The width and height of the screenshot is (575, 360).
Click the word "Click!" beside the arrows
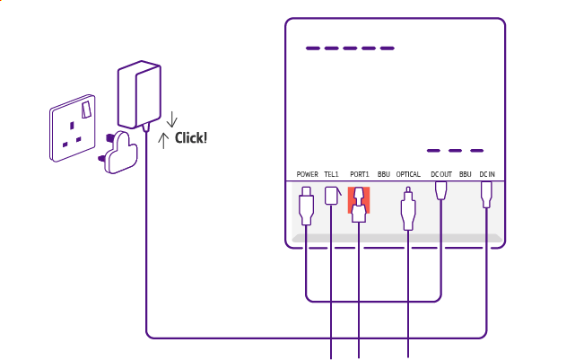point(191,137)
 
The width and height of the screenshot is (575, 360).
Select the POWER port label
point(308,173)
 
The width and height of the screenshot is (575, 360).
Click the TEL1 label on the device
point(332,173)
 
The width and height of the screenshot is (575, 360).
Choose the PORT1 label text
point(359,173)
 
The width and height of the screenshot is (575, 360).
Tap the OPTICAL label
point(409,173)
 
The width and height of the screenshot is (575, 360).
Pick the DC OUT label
point(440,173)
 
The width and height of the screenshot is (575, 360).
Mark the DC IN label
point(487,173)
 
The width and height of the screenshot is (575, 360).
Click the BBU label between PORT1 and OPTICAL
point(383,173)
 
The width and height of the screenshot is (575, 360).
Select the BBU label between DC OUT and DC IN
point(465,173)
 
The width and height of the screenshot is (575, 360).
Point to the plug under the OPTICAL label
point(409,211)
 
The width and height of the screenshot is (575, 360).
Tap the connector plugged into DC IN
point(487,194)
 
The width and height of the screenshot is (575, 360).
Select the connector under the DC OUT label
point(440,192)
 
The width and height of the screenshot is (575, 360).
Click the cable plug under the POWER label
point(307,206)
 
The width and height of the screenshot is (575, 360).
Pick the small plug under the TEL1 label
point(332,195)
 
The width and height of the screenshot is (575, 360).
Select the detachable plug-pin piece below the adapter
point(121,151)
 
